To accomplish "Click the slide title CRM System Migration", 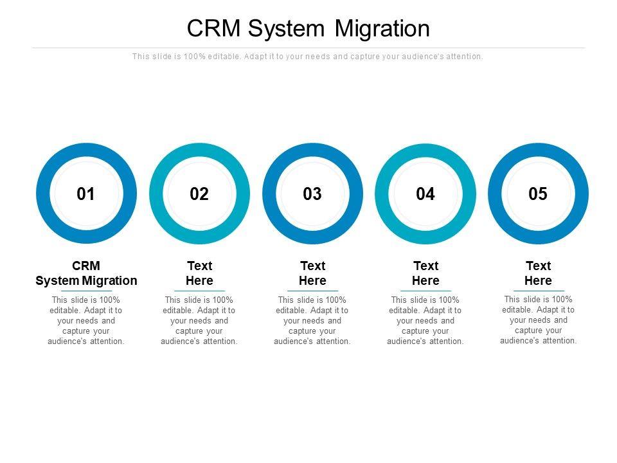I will coord(308,29).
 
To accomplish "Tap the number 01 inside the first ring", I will coord(86,194).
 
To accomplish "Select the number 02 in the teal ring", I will coord(199,194).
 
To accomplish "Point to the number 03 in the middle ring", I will coord(312,194).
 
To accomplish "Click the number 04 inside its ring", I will coord(425,194).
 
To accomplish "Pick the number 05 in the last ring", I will coord(538,194).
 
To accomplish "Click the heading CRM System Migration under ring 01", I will coord(86,273).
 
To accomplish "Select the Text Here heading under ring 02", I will coord(199,273).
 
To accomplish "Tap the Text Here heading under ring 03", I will coord(312,273).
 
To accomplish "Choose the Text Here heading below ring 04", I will coord(425,273).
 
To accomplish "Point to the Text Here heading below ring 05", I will coord(538,273).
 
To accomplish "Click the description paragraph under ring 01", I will coord(86,320).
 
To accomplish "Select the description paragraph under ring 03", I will coord(312,320).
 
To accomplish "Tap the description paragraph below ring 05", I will coord(538,320).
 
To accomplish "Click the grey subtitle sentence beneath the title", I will coord(308,57).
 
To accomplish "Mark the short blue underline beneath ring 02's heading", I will coord(199,291).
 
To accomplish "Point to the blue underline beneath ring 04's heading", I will coord(425,291).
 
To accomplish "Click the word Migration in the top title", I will coord(383,29).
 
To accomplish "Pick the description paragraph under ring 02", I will coord(199,320).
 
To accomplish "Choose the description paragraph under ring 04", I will coord(425,320).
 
